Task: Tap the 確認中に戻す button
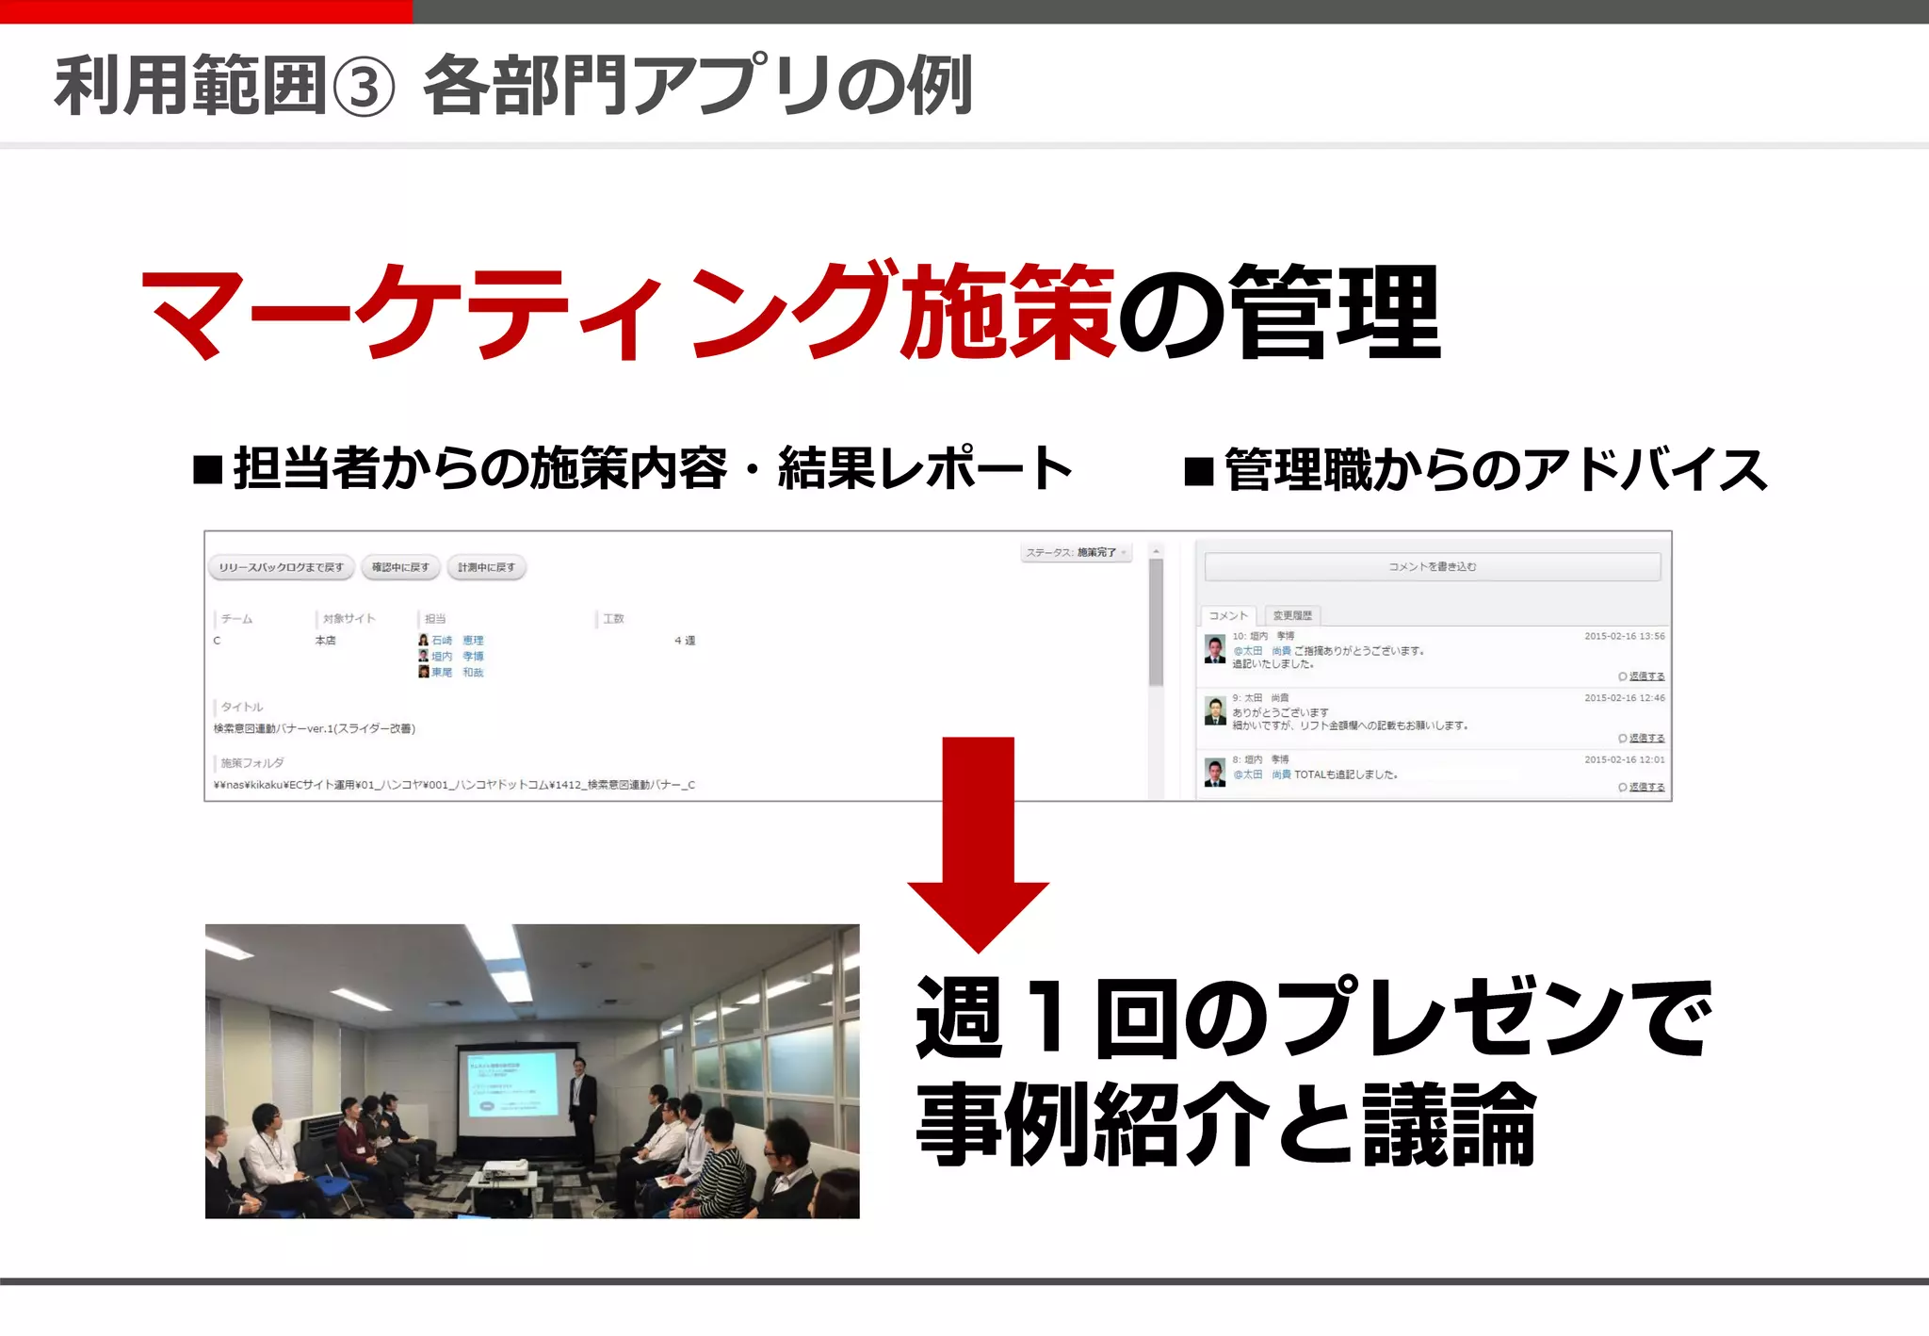(400, 567)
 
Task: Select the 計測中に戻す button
(486, 567)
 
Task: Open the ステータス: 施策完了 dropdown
(1076, 553)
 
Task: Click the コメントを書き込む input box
(1432, 567)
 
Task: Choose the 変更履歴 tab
(1292, 616)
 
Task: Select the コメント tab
(1228, 616)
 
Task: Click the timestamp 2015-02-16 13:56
(1624, 637)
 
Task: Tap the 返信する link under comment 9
(1645, 738)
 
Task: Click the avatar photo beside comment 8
(1215, 773)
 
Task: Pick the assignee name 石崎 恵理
(458, 641)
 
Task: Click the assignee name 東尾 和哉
(458, 673)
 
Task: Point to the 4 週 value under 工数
(685, 641)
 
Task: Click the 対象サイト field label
(349, 619)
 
